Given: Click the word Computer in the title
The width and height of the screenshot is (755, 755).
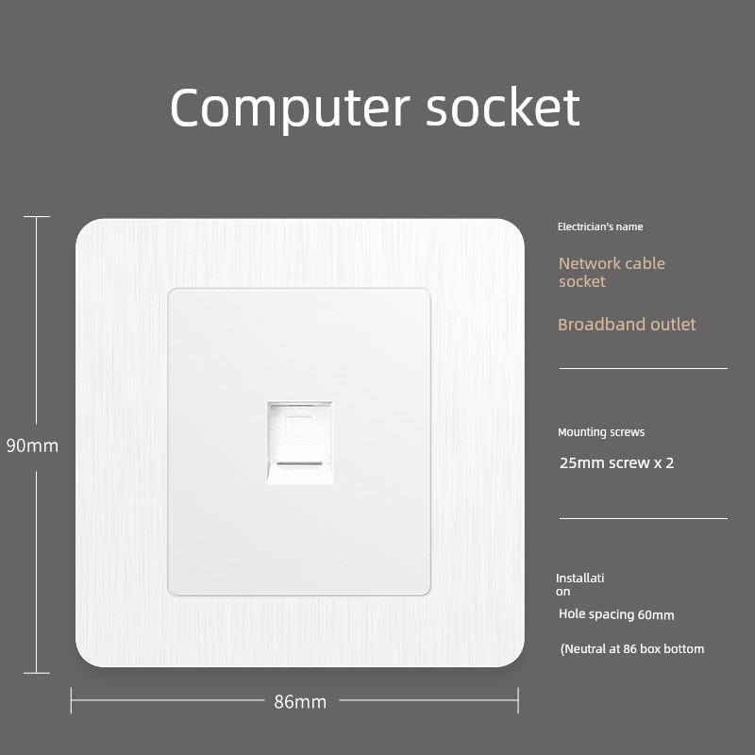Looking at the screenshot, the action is coord(290,109).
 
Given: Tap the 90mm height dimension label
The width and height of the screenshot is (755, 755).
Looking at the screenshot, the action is coord(32,445).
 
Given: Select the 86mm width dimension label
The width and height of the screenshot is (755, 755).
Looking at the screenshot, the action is coord(300,701).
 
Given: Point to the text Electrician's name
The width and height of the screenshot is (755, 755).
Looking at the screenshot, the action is coord(600,226).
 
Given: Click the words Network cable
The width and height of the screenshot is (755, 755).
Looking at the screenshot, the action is coord(612,263).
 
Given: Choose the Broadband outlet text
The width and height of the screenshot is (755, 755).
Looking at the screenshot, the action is coord(627,325).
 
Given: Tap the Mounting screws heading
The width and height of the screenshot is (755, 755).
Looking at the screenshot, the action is coord(601,432).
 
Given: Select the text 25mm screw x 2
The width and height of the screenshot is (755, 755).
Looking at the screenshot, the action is coord(616,462).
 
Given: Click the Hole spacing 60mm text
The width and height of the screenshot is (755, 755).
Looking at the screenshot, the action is coord(616,614).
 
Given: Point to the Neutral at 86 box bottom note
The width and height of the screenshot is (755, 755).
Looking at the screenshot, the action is coord(631,649).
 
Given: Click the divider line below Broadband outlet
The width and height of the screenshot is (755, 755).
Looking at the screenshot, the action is coord(644,368).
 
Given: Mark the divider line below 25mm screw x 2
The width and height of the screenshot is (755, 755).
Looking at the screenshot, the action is coord(644,518).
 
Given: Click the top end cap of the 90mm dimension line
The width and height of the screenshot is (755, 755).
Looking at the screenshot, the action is coord(37,217).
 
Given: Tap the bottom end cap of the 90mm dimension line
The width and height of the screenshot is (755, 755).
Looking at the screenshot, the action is coord(37,673).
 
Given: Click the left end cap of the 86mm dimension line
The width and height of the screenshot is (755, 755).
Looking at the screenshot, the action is coord(72,700).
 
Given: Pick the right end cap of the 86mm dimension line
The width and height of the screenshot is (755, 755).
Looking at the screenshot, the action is coord(518,700).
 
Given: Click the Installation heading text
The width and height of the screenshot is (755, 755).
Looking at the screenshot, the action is coord(579,584).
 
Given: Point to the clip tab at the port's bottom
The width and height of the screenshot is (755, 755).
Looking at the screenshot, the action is coord(300,473).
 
